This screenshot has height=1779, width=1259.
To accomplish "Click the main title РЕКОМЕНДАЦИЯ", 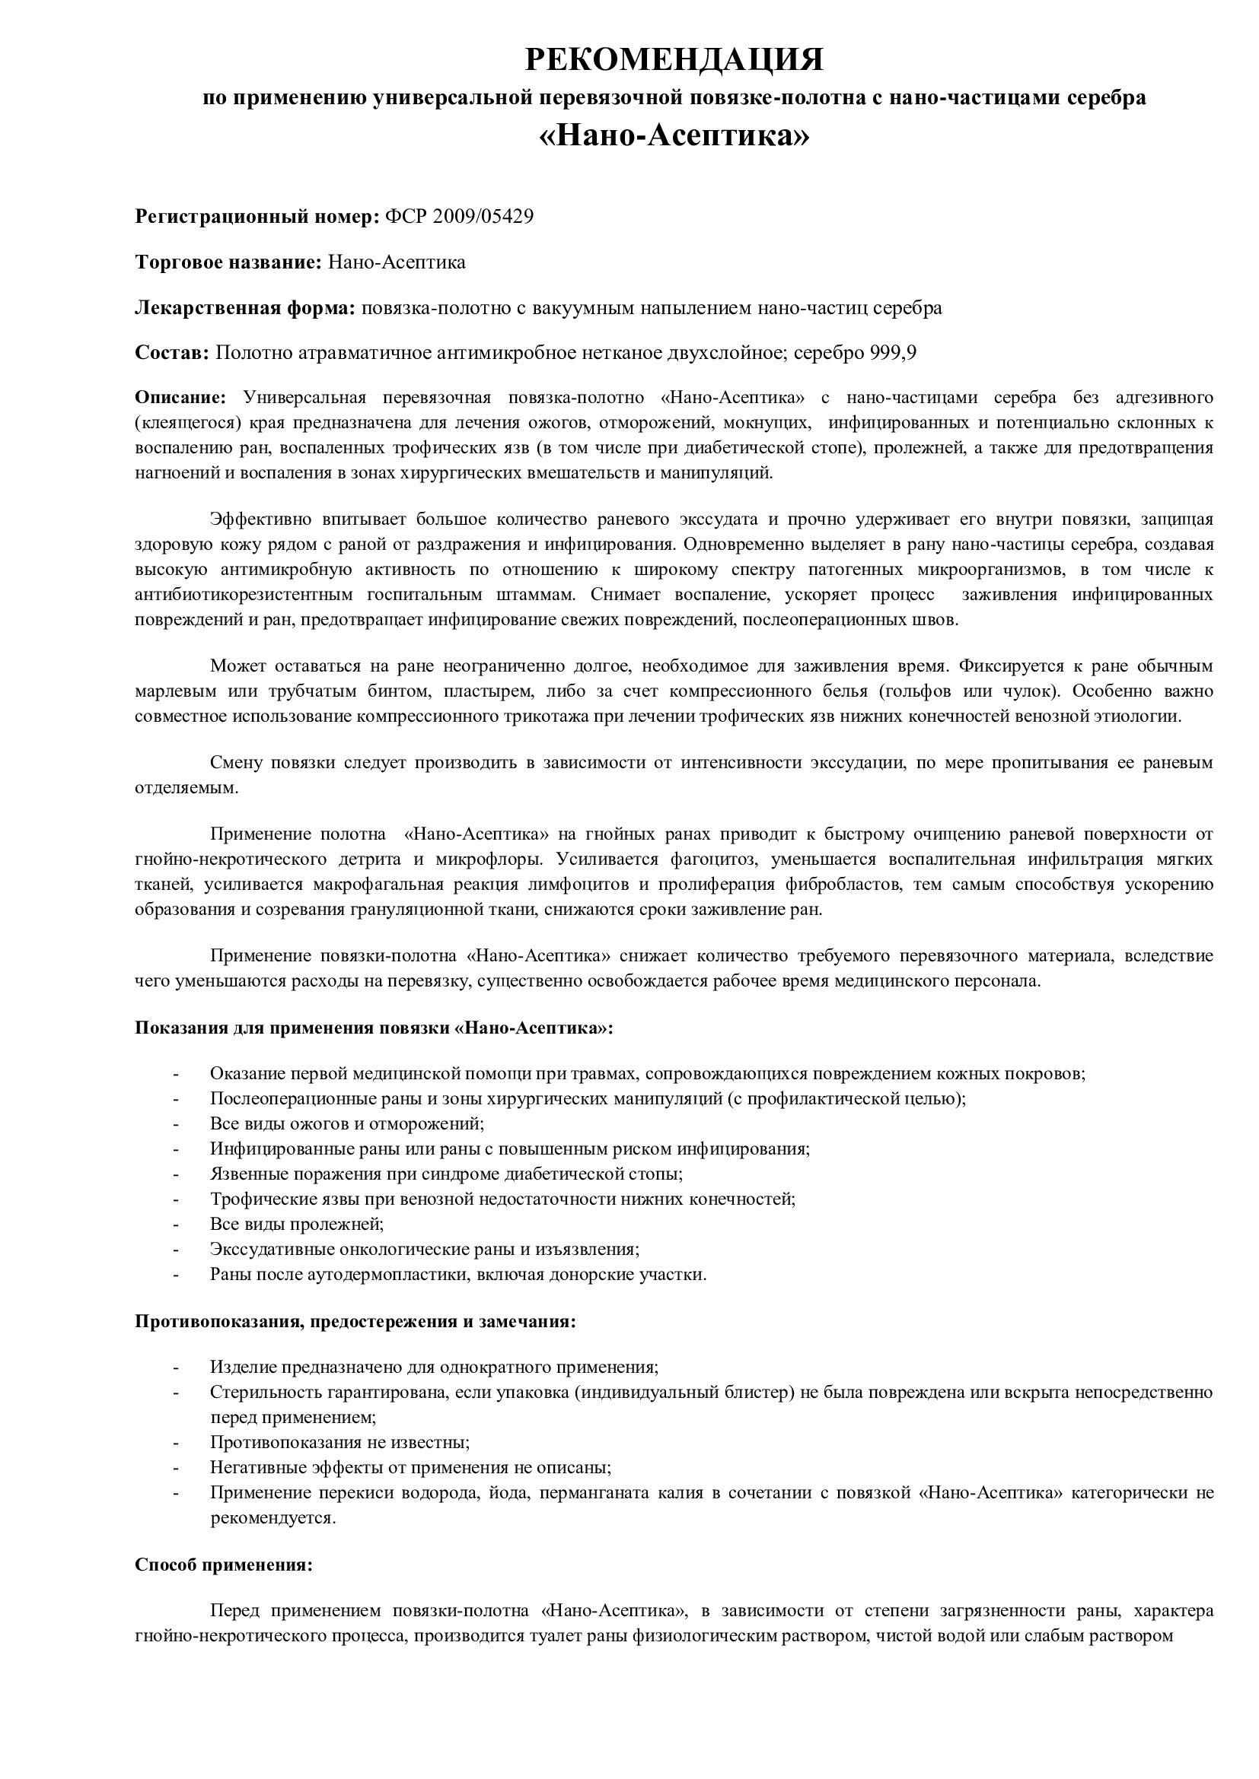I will coord(674,59).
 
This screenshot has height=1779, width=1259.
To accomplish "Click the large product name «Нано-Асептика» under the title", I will coord(674,135).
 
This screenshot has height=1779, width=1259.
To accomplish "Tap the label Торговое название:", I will coord(228,262).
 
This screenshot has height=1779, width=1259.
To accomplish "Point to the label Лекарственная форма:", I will coord(245,307).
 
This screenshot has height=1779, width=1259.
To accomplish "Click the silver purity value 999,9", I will coord(893,354).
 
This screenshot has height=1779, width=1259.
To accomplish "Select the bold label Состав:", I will coord(172,354).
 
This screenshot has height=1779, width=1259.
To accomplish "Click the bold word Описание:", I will coord(180,399).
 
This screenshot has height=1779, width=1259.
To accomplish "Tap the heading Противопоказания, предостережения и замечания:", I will coord(355,1321).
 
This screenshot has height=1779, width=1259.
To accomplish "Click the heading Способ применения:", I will coord(223,1565).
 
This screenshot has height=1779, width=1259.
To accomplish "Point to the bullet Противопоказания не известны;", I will coord(339,1442).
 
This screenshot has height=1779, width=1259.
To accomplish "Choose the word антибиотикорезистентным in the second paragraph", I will coord(244,595).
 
